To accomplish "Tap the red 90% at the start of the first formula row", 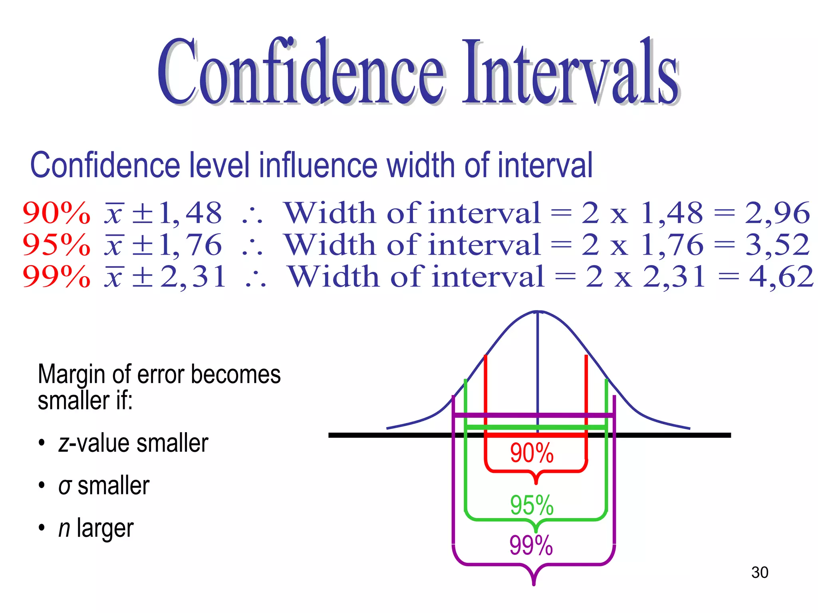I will click(56, 213).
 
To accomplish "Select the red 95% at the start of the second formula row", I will click(56, 245).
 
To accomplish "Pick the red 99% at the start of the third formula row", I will click(56, 277).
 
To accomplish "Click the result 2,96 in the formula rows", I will click(777, 213).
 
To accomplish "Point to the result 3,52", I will click(777, 245).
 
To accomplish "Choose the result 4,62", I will click(781, 277).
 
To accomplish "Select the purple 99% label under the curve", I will click(531, 545).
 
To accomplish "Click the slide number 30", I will click(759, 572).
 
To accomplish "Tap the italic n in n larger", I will click(64, 529).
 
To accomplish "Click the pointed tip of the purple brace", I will click(534, 584).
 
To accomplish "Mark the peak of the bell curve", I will click(538, 312).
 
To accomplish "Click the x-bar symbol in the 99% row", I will click(114, 277).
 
